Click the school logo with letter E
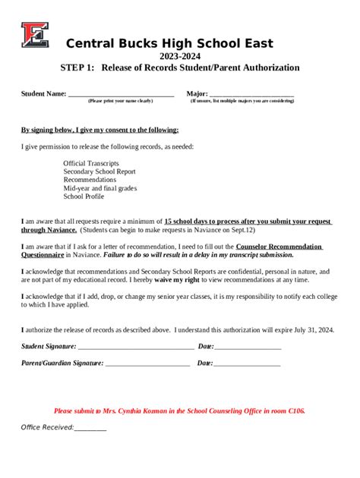[35, 34]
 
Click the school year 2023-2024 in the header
[180, 56]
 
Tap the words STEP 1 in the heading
[77, 68]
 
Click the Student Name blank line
[121, 95]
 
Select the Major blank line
[251, 95]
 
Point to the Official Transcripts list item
[90, 162]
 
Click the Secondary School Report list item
[99, 171]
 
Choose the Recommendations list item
[91, 179]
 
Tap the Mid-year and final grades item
[99, 187]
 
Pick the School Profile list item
[84, 196]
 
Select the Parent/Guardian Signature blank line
[147, 363]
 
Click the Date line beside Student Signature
[248, 347]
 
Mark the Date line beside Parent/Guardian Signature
[247, 363]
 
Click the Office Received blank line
[90, 428]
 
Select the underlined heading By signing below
[99, 130]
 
